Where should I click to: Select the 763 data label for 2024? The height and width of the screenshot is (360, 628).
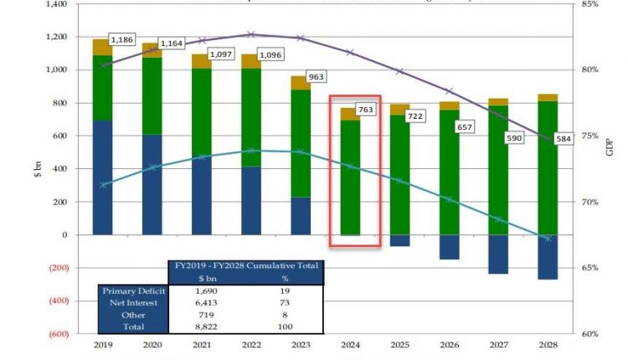[x=366, y=109]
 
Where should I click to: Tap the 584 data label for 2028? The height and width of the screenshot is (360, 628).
[x=564, y=139]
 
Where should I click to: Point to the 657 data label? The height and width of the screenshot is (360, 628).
[x=465, y=126]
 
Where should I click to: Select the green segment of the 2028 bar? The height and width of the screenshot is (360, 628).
[x=548, y=167]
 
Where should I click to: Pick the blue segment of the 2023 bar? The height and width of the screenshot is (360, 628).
[x=301, y=216]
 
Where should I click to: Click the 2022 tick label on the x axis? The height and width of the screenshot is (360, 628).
[x=250, y=344]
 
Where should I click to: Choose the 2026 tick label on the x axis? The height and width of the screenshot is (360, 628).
[x=450, y=344]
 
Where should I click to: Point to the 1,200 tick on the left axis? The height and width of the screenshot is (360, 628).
[x=55, y=38]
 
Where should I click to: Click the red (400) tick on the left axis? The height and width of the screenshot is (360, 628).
[x=54, y=301]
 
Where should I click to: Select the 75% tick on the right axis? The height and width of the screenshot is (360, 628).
[x=589, y=136]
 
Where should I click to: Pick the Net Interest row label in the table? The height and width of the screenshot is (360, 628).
[x=126, y=303]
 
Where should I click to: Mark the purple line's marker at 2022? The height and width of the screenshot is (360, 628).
[x=250, y=34]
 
